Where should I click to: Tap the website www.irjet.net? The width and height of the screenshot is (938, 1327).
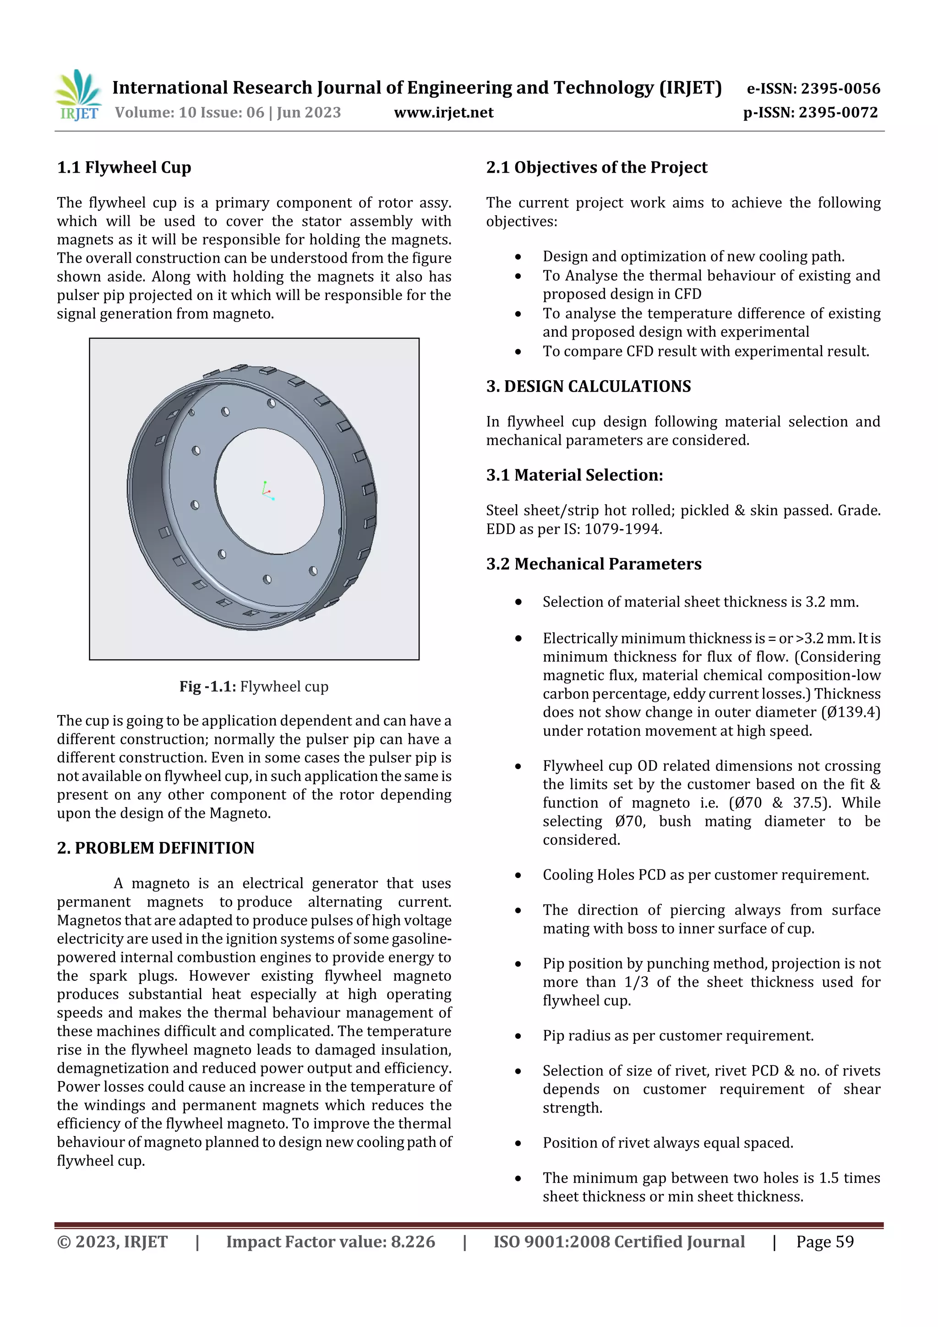coord(443,113)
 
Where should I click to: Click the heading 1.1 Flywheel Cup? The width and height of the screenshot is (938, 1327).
coord(124,168)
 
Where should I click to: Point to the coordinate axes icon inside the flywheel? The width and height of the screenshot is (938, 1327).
coord(267,490)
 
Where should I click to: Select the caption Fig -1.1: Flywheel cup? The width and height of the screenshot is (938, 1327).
coord(254,687)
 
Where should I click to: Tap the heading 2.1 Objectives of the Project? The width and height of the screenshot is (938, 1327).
coord(596,168)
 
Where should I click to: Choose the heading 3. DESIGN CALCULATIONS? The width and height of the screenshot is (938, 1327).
coord(589,386)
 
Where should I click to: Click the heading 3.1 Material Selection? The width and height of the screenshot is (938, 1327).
coord(574,475)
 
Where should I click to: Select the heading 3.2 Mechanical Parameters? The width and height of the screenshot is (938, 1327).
coord(594,564)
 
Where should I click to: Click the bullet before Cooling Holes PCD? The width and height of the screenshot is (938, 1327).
coord(518,876)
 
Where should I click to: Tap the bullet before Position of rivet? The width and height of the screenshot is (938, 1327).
coord(518,1144)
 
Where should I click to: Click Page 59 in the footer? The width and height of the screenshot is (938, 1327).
coord(825,1242)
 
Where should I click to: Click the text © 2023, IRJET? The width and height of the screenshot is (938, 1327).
coord(112,1242)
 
